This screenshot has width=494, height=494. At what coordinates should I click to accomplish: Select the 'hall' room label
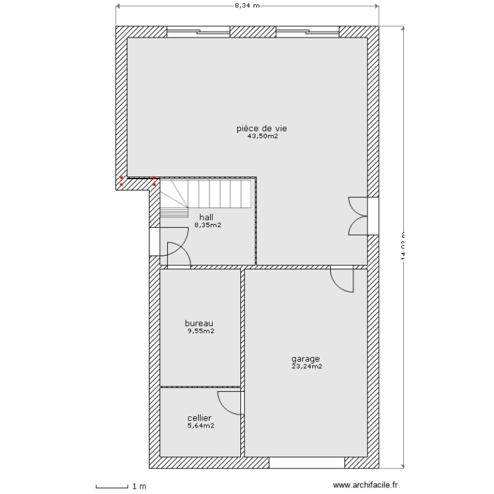click(x=206, y=216)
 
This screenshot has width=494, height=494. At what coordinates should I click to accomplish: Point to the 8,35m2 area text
click(x=207, y=225)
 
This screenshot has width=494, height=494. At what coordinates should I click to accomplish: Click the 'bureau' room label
click(x=199, y=323)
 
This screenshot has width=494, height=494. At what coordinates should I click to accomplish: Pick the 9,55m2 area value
click(x=200, y=331)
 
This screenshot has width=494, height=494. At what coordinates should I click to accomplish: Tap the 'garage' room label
click(x=306, y=359)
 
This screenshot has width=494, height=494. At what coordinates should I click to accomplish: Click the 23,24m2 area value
click(x=306, y=367)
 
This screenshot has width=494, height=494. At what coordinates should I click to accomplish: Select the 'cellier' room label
click(x=200, y=418)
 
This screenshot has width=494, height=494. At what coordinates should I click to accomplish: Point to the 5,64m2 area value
click(x=200, y=425)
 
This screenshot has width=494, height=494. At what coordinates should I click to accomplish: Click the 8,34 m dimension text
click(x=247, y=6)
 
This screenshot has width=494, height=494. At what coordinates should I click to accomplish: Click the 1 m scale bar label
click(x=139, y=487)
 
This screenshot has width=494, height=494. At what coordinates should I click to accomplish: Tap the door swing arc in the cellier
click(x=230, y=402)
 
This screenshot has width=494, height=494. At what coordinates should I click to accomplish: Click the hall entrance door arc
click(x=177, y=254)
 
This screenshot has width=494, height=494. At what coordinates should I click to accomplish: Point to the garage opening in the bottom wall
click(x=306, y=462)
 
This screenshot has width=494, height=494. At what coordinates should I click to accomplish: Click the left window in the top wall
click(x=198, y=30)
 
